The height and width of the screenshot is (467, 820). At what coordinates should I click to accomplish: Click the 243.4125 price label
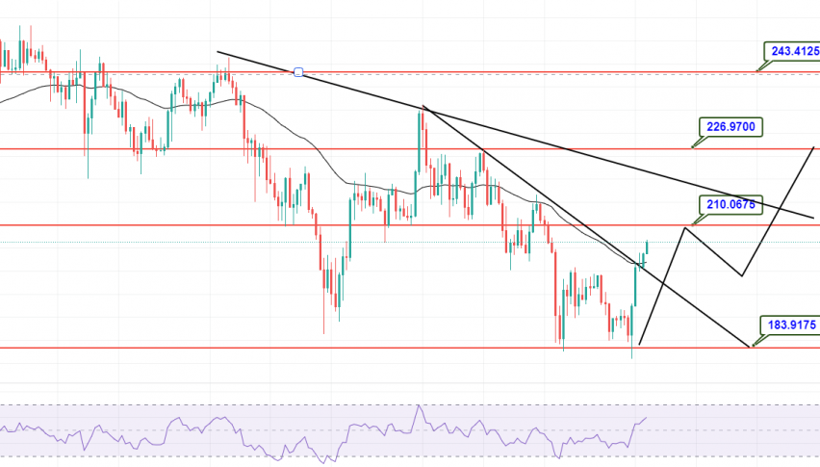coord(792,50)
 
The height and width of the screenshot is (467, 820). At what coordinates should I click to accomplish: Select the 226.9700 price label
coord(728,125)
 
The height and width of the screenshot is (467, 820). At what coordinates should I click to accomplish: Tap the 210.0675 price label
coord(728,203)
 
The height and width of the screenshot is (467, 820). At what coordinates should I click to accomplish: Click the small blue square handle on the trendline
coord(298,72)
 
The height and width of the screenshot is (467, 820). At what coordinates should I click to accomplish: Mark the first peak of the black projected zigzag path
coord(684,227)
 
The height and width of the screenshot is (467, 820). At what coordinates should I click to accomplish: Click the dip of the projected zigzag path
coord(742,275)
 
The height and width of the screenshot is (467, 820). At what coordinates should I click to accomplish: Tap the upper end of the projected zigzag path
coord(815,147)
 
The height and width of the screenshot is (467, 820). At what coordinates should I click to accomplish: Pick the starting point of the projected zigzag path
coord(639,343)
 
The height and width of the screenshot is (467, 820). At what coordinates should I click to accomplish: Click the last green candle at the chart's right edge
coord(647,248)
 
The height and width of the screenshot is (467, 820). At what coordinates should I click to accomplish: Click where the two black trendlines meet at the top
coord(423,107)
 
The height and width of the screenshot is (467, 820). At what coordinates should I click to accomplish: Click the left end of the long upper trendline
coord(218,52)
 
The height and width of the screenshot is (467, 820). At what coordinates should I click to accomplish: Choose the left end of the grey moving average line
coord(2,102)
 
